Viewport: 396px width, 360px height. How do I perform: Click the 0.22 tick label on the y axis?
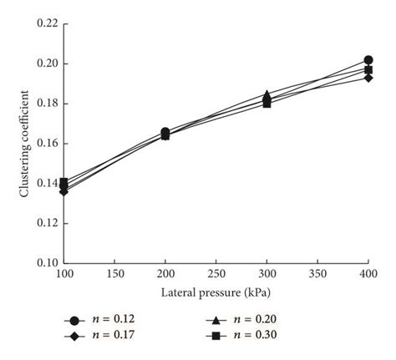(x=48, y=24)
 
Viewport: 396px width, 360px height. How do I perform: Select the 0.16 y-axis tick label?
(x=48, y=144)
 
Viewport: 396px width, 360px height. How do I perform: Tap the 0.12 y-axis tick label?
(x=48, y=223)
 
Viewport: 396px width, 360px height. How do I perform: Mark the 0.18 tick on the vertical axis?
(x=48, y=104)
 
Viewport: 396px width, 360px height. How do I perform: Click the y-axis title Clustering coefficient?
(x=24, y=144)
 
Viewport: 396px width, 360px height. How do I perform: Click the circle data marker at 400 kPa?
(x=368, y=60)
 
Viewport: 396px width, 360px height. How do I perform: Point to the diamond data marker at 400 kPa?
(x=368, y=77)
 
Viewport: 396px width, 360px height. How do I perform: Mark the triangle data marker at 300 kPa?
(x=267, y=94)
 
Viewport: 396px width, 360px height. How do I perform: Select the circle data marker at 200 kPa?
(x=165, y=132)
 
